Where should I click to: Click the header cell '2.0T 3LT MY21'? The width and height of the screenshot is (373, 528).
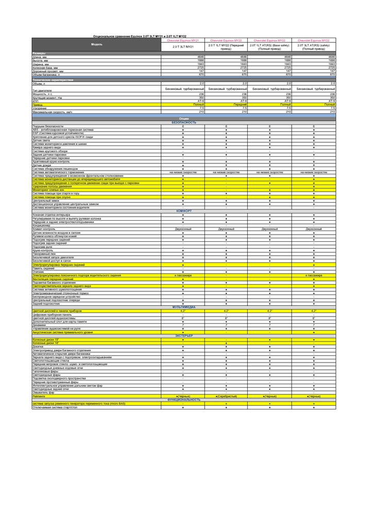pos(183,46)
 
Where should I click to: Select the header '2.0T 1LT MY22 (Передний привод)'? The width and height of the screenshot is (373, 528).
pos(226,46)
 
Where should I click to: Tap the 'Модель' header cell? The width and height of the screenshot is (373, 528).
pos(96,44)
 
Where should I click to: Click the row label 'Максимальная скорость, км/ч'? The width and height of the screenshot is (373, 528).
pos(52,111)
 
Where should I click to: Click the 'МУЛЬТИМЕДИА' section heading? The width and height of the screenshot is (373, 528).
pos(184,306)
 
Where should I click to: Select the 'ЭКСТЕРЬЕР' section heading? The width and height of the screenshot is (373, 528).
pos(184,335)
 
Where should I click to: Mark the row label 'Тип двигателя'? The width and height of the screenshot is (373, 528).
pos(43,90)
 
